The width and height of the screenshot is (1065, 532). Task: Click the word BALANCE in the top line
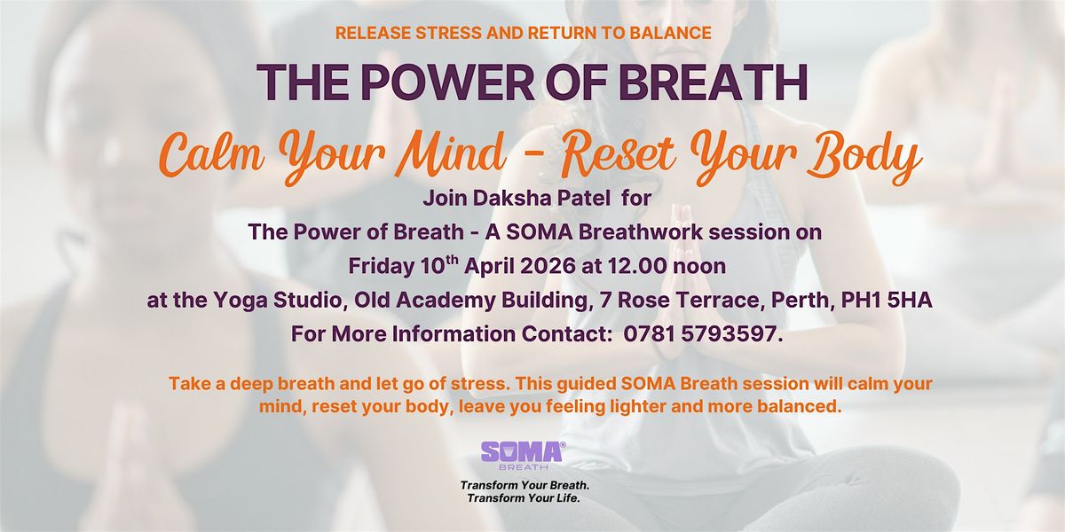[x=670, y=33]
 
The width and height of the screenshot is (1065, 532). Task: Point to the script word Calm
[x=211, y=153]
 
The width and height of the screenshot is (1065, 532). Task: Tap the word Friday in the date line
[x=382, y=267]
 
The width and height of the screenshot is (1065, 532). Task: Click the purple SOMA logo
[x=523, y=455]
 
